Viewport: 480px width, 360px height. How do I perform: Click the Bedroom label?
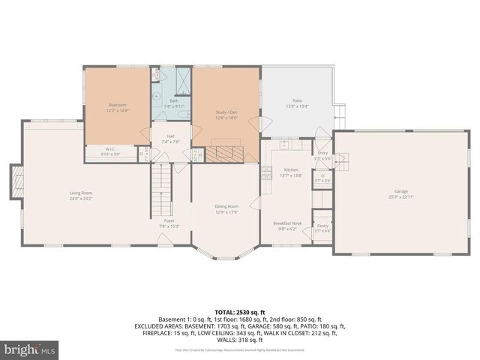click(x=117, y=104)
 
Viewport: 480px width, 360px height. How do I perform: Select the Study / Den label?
click(x=226, y=112)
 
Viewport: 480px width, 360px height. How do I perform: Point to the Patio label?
click(x=297, y=100)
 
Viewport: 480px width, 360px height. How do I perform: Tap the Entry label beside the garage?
click(x=322, y=153)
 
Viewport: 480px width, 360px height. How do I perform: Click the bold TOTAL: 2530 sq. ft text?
click(x=239, y=311)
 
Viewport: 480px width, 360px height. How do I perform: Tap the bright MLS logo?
click(x=30, y=349)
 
